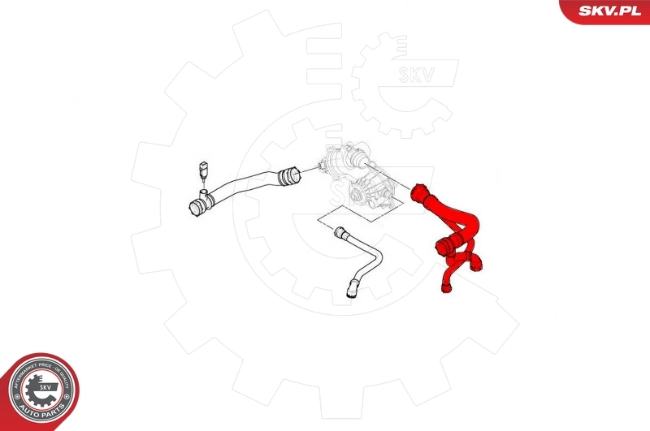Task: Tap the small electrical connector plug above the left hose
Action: click(x=201, y=172)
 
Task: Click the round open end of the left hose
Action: click(x=196, y=208)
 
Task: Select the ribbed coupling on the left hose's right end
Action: click(x=288, y=173)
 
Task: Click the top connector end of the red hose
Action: click(x=421, y=194)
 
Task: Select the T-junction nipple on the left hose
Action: click(x=204, y=192)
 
